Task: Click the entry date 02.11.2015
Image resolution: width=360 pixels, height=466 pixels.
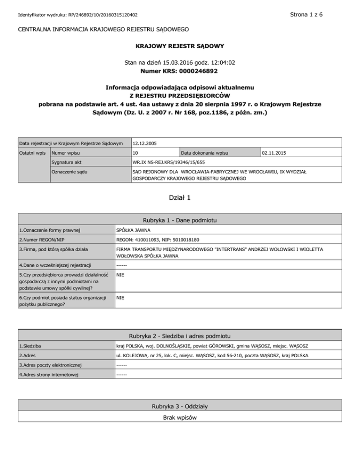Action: [x=276, y=153]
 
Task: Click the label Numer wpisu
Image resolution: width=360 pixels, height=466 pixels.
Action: [x=66, y=153]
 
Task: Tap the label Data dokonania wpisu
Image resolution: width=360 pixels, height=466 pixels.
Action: [x=204, y=153]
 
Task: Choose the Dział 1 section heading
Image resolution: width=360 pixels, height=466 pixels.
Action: [x=180, y=198]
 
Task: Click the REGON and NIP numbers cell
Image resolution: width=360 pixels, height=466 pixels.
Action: [x=157, y=240]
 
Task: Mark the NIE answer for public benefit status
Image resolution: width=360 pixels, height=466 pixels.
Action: [x=120, y=298]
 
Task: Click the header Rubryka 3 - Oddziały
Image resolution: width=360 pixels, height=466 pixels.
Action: [x=180, y=406]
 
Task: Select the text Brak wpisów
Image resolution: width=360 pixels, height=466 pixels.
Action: [x=180, y=417]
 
